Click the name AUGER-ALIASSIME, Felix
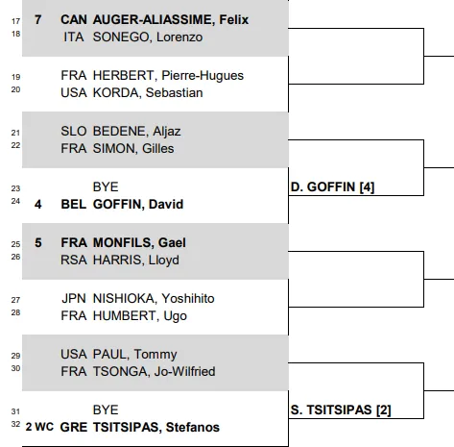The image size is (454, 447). (171, 20)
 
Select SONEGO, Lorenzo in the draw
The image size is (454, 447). (148, 37)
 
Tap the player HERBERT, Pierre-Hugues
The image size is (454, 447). (168, 76)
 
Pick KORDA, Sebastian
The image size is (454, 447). (148, 93)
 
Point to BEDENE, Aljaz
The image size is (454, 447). (136, 132)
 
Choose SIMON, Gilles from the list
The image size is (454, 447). (133, 149)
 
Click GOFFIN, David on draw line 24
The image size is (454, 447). (138, 205)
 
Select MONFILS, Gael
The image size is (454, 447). (139, 243)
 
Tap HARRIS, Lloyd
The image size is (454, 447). (136, 261)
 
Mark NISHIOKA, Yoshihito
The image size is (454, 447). (154, 299)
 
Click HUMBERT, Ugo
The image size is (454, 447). (140, 316)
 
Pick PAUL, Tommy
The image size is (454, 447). (134, 355)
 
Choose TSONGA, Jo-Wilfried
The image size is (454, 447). (154, 372)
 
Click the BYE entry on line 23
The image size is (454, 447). (106, 187)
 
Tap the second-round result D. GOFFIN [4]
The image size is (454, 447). (332, 187)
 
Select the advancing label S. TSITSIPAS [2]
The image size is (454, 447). (341, 410)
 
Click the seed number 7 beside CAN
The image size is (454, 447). (38, 20)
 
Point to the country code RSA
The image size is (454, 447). (74, 261)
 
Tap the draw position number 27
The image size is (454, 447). (15, 300)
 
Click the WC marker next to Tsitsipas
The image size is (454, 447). (44, 427)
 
